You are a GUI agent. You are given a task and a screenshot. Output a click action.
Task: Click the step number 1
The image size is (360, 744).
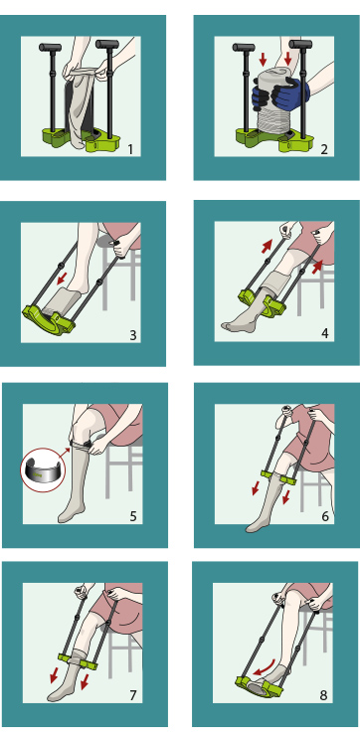pyautogui.click(x=131, y=150)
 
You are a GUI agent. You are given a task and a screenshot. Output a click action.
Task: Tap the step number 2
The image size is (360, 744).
pyautogui.click(x=324, y=150)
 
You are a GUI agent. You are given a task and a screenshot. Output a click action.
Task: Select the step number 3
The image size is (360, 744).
pyautogui.click(x=133, y=335)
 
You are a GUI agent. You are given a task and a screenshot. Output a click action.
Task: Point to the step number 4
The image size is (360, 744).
pyautogui.click(x=325, y=333)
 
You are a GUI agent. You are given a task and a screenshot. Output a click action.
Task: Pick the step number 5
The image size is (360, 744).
pyautogui.click(x=133, y=516)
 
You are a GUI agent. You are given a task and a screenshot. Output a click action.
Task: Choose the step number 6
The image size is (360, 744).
pyautogui.click(x=325, y=516)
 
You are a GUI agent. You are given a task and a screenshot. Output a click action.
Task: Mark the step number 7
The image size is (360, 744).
pyautogui.click(x=133, y=695)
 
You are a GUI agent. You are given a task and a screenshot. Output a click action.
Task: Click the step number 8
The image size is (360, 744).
pyautogui.click(x=323, y=695)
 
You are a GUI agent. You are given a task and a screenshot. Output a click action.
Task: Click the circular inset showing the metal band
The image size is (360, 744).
pyautogui.click(x=41, y=470)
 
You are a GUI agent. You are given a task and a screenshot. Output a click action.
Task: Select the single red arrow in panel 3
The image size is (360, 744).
pyautogui.click(x=62, y=279)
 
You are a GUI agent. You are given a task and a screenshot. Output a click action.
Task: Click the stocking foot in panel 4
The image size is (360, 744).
pyautogui.click(x=237, y=325)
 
